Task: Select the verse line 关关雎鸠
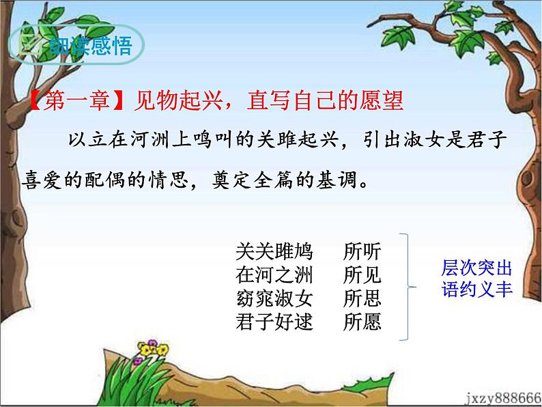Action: pyautogui.click(x=274, y=252)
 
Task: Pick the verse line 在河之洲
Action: pyautogui.click(x=274, y=275)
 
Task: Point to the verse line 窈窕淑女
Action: pyautogui.click(x=274, y=298)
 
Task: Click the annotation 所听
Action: pyautogui.click(x=362, y=252)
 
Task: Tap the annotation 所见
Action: pyautogui.click(x=362, y=275)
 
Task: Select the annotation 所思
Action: pyautogui.click(x=362, y=298)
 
